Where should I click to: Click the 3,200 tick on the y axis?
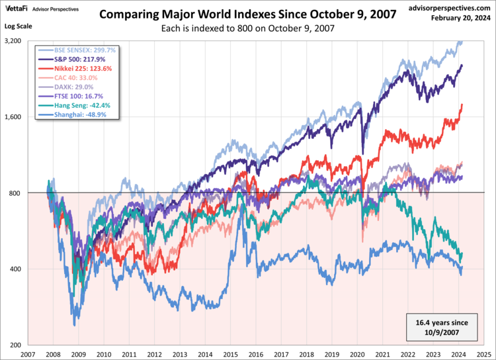coord(12,41)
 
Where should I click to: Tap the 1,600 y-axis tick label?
coord(12,117)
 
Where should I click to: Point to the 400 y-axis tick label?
coord(15,269)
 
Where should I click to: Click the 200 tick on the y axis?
coord(15,345)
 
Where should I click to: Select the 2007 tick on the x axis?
coord(28,354)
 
